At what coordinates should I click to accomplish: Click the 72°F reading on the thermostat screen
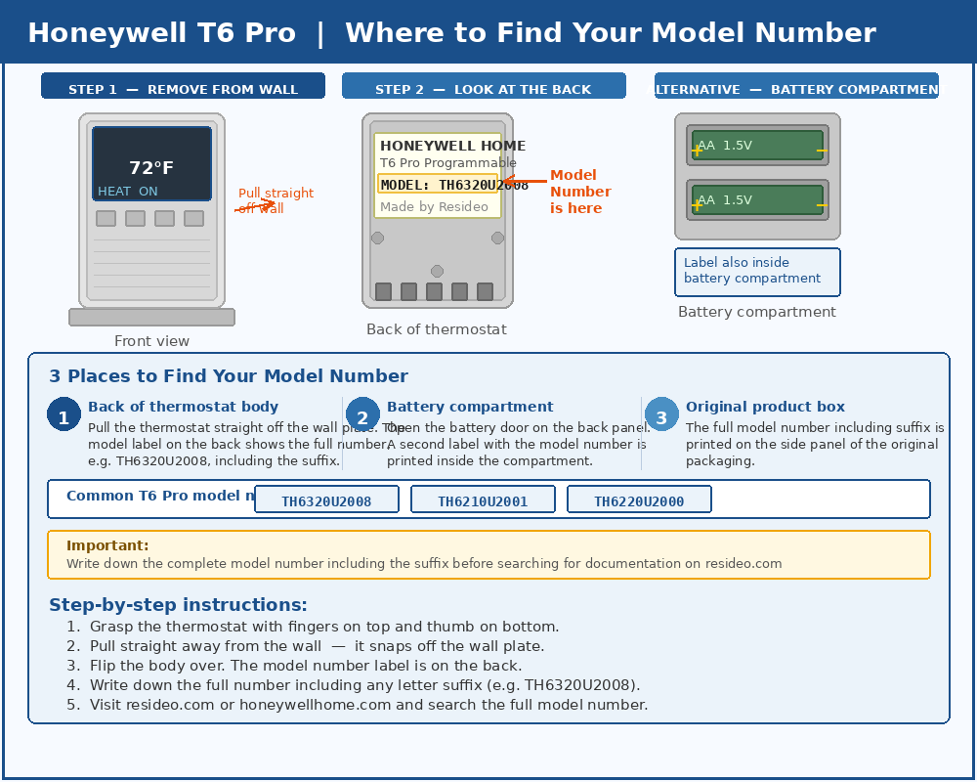pyautogui.click(x=151, y=168)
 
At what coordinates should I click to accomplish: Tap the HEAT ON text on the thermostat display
pyautogui.click(x=127, y=192)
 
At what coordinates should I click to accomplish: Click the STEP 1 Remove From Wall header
pyautogui.click(x=183, y=89)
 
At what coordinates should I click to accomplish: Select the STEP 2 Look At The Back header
pyautogui.click(x=484, y=89)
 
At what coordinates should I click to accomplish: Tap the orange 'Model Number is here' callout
pyautogui.click(x=579, y=192)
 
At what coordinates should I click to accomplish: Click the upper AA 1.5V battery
pyautogui.click(x=757, y=146)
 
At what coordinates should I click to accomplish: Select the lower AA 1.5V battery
pyautogui.click(x=757, y=200)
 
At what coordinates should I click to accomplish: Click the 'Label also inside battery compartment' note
pyautogui.click(x=757, y=271)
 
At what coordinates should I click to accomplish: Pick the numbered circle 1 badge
pyautogui.click(x=64, y=414)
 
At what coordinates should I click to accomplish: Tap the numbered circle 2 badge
pyautogui.click(x=362, y=414)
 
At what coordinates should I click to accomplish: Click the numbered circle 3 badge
pyautogui.click(x=661, y=414)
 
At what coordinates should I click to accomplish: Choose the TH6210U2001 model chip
pyautogui.click(x=483, y=500)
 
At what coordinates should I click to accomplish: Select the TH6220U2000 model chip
pyautogui.click(x=639, y=500)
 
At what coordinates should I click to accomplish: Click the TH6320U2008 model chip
pyautogui.click(x=326, y=500)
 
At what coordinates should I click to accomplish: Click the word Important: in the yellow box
pyautogui.click(x=107, y=545)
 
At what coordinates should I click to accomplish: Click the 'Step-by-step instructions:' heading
pyautogui.click(x=178, y=605)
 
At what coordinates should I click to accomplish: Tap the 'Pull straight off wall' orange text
pyautogui.click(x=276, y=200)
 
